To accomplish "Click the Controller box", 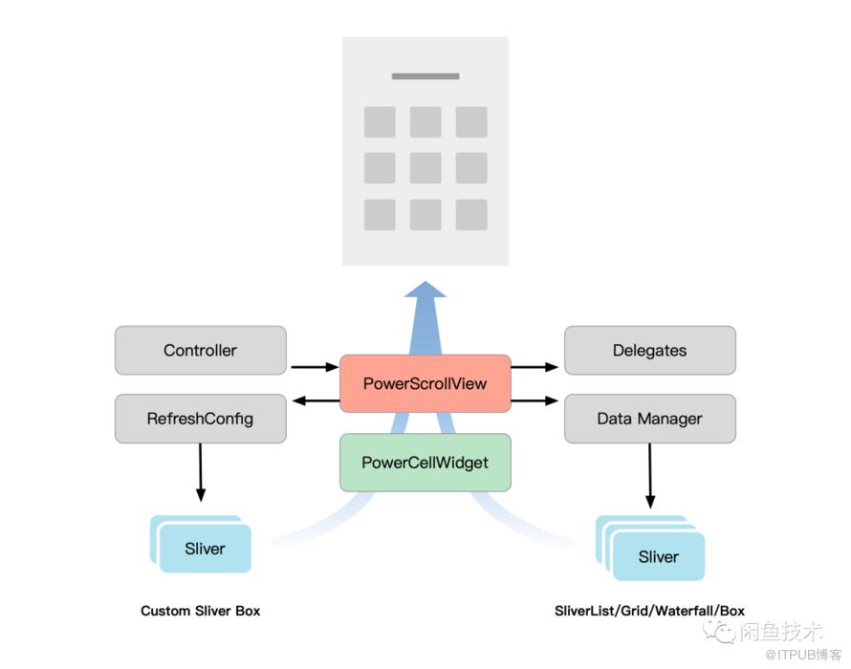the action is tap(200, 350).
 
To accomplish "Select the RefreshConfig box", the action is tap(200, 419).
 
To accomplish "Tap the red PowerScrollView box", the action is tap(425, 383).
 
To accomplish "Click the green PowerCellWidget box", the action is tap(425, 463).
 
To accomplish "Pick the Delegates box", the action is tap(649, 350).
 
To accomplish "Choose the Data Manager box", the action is tap(649, 419).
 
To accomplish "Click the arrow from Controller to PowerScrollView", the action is tap(315, 367).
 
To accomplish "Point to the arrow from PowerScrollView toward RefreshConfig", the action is tap(316, 401).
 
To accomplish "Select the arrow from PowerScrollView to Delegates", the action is tap(535, 367).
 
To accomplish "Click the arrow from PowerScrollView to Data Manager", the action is tap(535, 401).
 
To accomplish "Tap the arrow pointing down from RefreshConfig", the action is tap(200, 472).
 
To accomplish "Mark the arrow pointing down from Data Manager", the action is tap(649, 475).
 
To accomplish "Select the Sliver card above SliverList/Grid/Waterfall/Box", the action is tap(659, 556).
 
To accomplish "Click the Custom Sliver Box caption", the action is tap(200, 611).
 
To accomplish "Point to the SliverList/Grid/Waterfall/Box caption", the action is tap(649, 611).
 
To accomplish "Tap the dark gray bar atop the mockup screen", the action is tap(425, 76).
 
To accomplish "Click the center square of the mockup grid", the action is tap(425, 167).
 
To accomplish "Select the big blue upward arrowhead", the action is tap(425, 290).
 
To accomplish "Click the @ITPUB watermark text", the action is tap(803, 655).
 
